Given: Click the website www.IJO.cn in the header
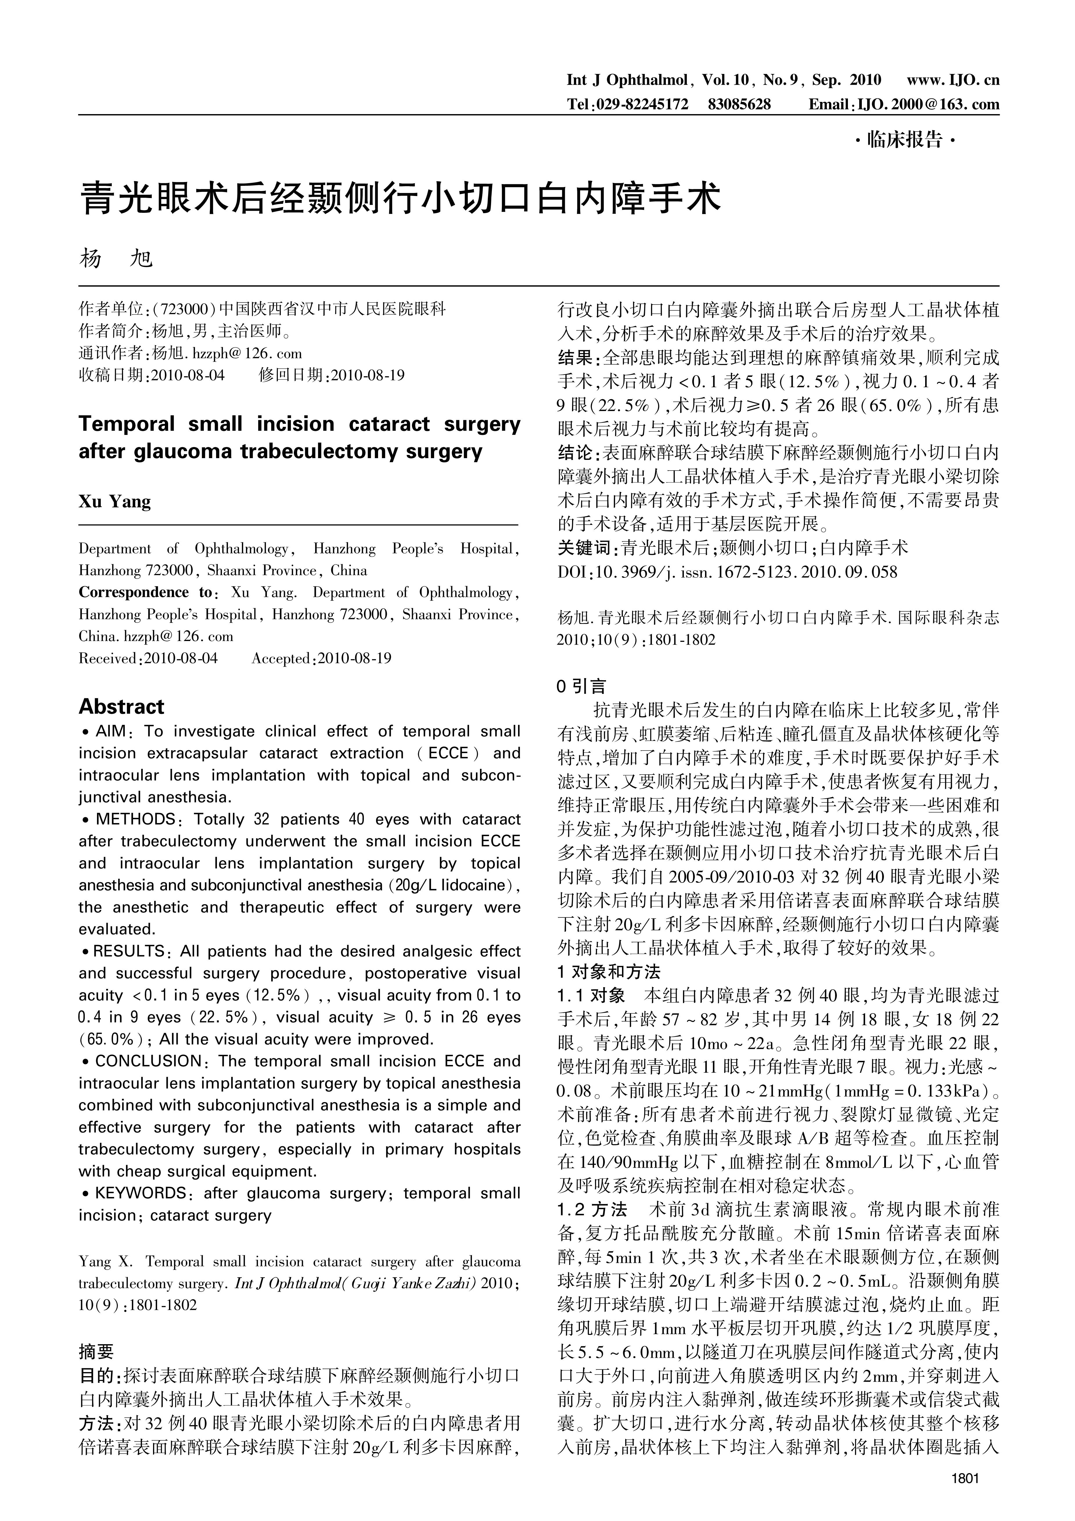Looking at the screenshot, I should (952, 80).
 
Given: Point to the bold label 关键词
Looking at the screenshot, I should (585, 548).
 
